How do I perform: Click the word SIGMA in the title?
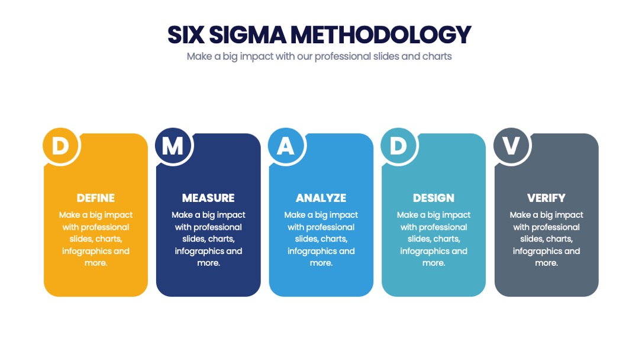coord(247,35)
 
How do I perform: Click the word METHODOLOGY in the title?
coord(380,35)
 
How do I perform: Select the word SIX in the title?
coord(186,35)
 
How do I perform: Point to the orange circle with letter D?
coord(61,146)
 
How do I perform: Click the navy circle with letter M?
coord(173,146)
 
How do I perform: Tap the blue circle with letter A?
coord(286,146)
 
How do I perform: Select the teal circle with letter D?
coord(399,146)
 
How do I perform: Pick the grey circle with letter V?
coord(511,146)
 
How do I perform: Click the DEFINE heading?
coord(96,198)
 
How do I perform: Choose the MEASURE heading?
coord(208,198)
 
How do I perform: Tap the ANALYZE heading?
coord(321,198)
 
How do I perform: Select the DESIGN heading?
coord(434,198)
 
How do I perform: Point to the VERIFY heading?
coord(547,198)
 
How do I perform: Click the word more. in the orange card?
coord(96,263)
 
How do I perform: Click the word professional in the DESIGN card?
coord(443,227)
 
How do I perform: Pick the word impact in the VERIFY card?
coord(567,216)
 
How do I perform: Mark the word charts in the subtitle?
coord(437,56)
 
